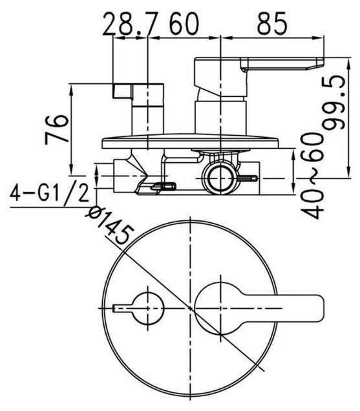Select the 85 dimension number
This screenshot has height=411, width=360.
273,24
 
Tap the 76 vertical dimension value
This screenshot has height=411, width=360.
57,129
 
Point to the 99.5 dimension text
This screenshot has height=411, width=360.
334,103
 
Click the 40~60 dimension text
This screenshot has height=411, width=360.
312,176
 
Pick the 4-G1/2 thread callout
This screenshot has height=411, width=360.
50,193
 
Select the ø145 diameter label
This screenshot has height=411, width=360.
110,225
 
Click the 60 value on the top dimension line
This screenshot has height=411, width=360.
184,24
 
